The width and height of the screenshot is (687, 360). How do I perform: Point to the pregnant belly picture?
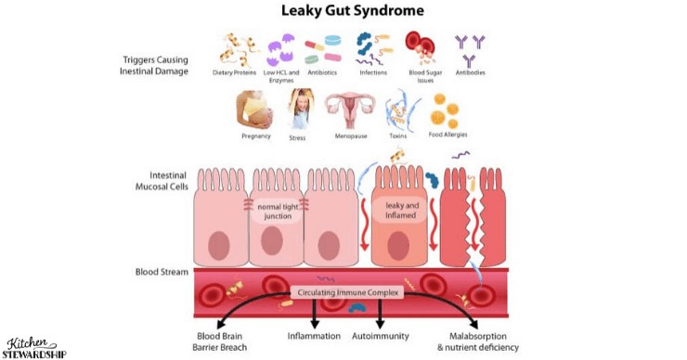click(x=255, y=109)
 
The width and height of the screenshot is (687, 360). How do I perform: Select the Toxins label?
click(x=397, y=136)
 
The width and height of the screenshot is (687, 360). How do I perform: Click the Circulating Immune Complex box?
click(x=347, y=293)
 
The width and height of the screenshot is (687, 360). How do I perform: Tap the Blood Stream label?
click(x=162, y=273)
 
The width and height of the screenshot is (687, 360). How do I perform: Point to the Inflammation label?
click(x=314, y=336)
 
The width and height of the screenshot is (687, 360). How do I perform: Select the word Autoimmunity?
click(x=382, y=336)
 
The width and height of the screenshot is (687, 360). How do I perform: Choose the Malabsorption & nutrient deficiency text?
click(x=477, y=341)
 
